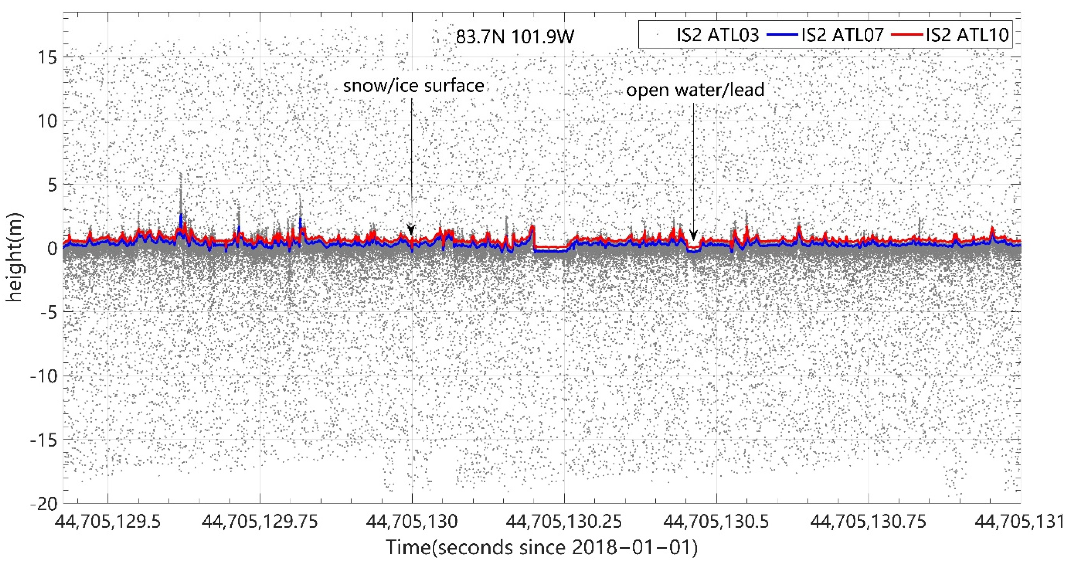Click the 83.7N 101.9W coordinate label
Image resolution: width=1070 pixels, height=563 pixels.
(515, 37)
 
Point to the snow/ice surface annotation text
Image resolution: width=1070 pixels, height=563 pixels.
(413, 86)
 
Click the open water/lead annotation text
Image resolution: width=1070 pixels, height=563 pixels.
(695, 90)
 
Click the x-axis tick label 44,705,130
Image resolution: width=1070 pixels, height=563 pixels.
(412, 522)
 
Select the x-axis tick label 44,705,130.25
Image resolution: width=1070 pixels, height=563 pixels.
(564, 522)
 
